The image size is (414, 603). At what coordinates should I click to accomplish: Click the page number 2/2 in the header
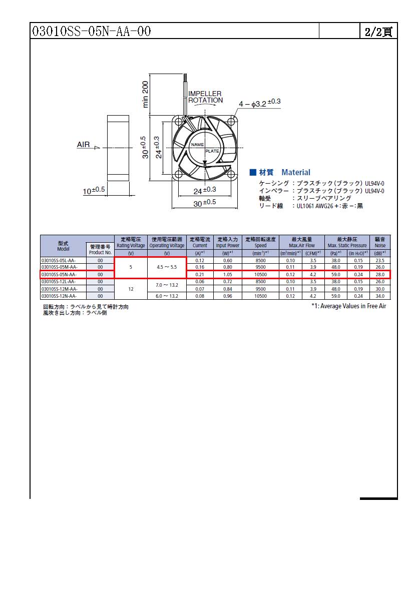378,32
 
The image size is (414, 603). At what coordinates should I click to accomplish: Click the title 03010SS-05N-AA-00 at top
92,32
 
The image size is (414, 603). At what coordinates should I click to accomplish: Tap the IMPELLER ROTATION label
205,97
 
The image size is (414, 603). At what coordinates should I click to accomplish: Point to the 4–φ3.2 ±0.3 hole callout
259,103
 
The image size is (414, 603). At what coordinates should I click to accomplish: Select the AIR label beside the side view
83,145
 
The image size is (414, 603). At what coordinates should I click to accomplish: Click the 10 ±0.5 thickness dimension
94,190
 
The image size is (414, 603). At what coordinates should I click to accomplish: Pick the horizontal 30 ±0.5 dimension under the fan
205,202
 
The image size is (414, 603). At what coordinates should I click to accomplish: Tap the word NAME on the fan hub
197,145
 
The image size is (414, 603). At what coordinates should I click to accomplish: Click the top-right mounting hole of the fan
232,121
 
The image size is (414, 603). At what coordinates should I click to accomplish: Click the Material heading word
295,172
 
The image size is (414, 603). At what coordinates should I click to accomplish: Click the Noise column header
380,243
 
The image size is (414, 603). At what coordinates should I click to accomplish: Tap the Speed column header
260,243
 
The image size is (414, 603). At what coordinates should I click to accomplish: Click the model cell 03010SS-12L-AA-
59,282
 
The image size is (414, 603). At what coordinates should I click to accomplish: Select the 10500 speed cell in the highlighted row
260,274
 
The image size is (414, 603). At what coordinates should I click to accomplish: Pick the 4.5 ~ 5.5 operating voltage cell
167,267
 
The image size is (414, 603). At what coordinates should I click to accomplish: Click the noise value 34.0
380,296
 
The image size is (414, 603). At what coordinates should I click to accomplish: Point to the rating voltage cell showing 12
131,289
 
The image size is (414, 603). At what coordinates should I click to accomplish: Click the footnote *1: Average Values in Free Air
348,306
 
